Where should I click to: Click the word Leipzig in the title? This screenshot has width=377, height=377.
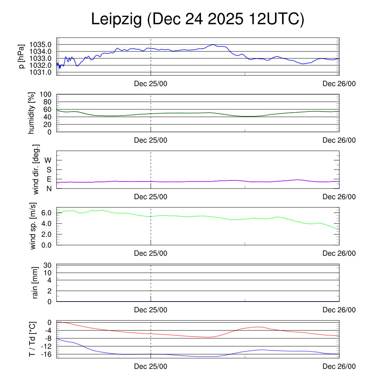pos(116,20)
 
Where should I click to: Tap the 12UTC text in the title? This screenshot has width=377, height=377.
pos(276,20)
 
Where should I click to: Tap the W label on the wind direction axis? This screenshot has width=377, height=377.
pos(48,160)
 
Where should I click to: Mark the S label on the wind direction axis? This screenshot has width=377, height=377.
pos(49,170)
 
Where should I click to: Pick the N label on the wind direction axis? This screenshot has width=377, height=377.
pos(49,188)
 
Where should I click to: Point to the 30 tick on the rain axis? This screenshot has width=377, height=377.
pos(47,265)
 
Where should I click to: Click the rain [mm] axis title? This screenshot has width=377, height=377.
pos(35,283)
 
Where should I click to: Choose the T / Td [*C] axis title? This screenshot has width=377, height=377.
pos(32,339)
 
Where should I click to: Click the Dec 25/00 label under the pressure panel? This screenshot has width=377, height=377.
pos(151,84)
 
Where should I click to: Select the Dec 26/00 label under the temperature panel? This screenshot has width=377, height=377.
pos(339,366)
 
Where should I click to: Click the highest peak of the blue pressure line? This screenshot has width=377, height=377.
pos(213,45)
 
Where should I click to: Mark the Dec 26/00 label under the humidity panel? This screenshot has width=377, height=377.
pos(339,140)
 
